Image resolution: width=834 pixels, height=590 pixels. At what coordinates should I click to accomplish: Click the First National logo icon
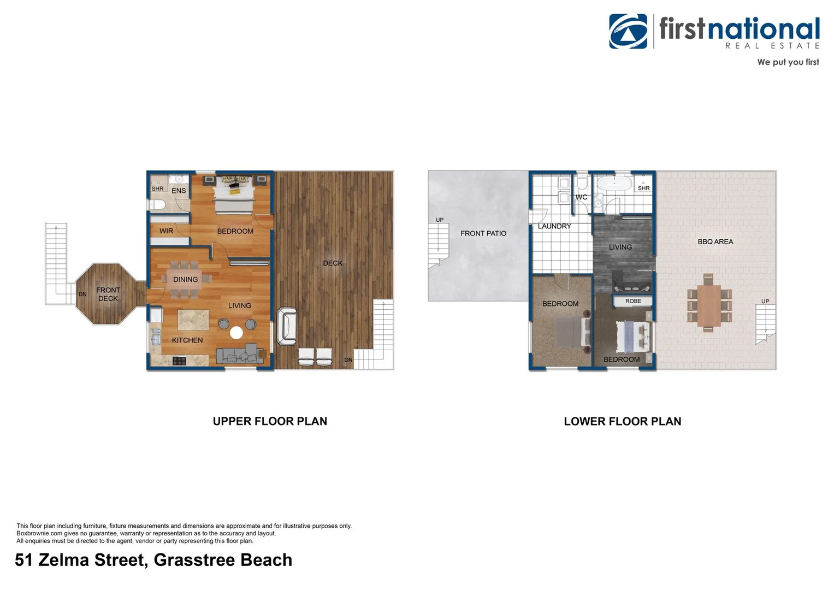(628, 31)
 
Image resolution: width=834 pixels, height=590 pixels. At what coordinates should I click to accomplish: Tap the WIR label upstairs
(166, 231)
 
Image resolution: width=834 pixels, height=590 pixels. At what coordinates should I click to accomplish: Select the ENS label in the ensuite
(179, 191)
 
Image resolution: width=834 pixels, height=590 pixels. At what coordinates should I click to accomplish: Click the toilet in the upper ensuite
(158, 205)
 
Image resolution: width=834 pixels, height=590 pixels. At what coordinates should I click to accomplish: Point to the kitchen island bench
(193, 320)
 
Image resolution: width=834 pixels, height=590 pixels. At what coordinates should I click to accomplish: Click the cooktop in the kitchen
(179, 361)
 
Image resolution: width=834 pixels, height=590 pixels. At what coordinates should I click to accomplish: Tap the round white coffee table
(236, 332)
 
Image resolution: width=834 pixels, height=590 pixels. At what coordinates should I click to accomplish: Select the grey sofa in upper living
(239, 355)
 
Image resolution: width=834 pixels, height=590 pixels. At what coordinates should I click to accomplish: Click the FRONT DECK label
(108, 294)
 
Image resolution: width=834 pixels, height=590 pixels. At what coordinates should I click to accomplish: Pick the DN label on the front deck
(82, 294)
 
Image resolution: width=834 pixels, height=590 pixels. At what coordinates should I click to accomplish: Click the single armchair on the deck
(287, 327)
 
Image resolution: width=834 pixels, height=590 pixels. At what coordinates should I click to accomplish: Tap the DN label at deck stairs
(348, 359)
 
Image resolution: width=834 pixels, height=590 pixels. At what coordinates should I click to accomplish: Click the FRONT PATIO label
(483, 233)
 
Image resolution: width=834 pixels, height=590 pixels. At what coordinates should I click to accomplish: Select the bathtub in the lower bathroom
(614, 182)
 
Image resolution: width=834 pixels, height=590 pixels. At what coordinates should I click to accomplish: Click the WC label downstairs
(581, 197)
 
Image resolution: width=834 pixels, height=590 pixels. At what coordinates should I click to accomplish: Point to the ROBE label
(633, 301)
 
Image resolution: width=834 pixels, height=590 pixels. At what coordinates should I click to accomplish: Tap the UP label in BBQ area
(765, 301)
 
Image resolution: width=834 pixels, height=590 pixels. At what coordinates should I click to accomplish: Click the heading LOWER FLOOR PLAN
(622, 421)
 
